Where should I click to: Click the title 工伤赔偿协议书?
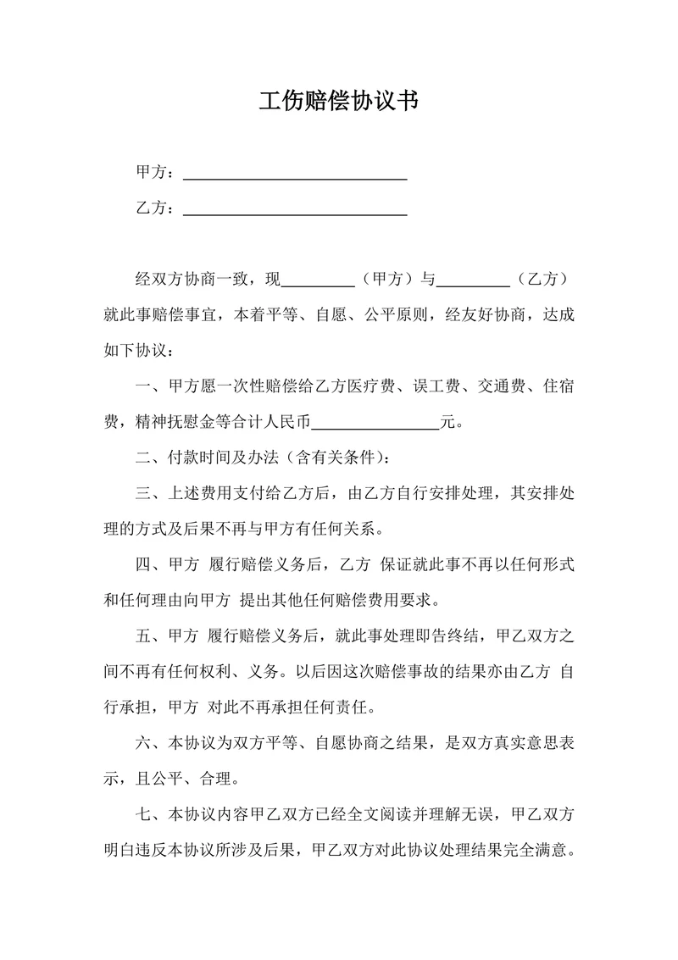338,102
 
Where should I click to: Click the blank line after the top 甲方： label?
295,173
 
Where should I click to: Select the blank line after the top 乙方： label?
295,208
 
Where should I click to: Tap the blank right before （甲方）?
316,280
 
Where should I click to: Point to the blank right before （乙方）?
472,280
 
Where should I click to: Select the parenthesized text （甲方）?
386,280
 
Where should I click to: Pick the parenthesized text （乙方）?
542,280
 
